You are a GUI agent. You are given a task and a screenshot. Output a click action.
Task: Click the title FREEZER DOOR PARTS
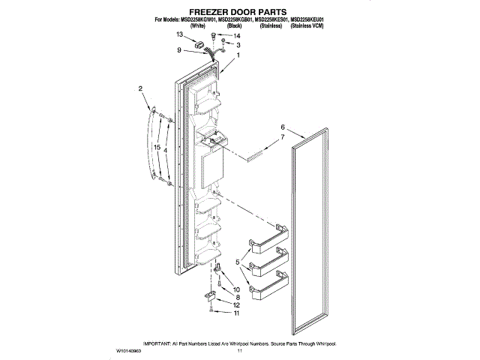239,12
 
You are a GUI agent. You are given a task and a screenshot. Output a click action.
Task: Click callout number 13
180,35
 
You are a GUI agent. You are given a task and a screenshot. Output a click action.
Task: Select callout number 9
179,50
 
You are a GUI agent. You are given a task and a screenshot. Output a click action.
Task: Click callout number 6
283,127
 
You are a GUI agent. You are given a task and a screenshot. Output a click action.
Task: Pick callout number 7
283,138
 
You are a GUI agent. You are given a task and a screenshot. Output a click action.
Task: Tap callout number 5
238,262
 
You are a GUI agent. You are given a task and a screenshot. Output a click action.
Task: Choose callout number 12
238,305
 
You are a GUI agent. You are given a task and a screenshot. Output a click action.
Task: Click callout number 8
237,298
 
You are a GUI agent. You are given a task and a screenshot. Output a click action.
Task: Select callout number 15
156,148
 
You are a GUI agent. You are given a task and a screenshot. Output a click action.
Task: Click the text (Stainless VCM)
309,26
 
